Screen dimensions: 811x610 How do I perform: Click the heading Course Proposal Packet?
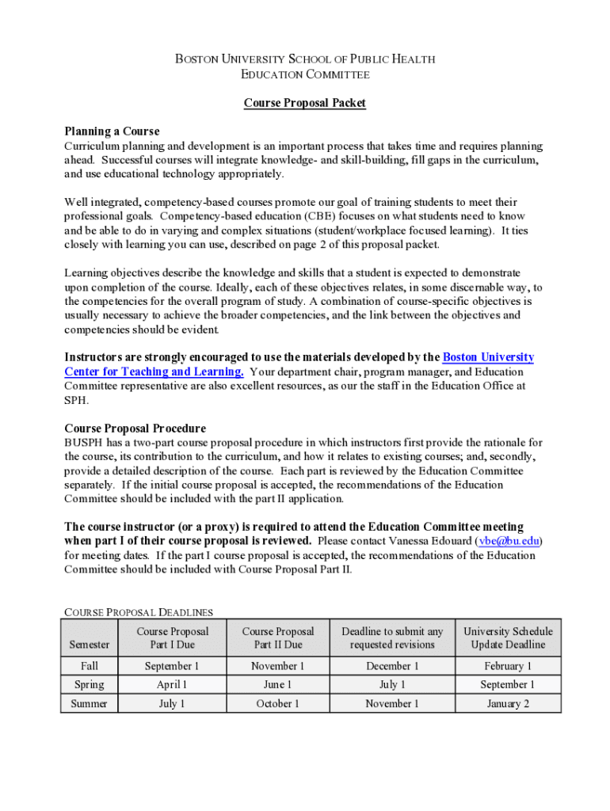coord(304,103)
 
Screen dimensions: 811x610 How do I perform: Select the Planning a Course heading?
coord(112,131)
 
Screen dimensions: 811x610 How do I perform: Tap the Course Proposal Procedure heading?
coord(135,428)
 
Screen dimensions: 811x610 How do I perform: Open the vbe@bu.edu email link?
coord(509,541)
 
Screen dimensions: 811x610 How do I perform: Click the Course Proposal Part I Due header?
coord(172,638)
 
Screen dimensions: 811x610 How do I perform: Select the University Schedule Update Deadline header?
coord(508,638)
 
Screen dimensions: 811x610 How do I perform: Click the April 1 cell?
coord(172,684)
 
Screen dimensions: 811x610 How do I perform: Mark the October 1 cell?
coord(277,703)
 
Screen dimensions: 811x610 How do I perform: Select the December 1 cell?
coord(392,666)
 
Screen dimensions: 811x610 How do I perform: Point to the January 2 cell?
coord(508,703)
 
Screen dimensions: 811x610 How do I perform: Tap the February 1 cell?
coord(508,666)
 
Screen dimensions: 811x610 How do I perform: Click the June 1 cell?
coord(277,684)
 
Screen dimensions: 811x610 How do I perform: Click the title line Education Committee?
coord(304,74)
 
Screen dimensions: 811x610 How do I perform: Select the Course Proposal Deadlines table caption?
coord(139,611)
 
